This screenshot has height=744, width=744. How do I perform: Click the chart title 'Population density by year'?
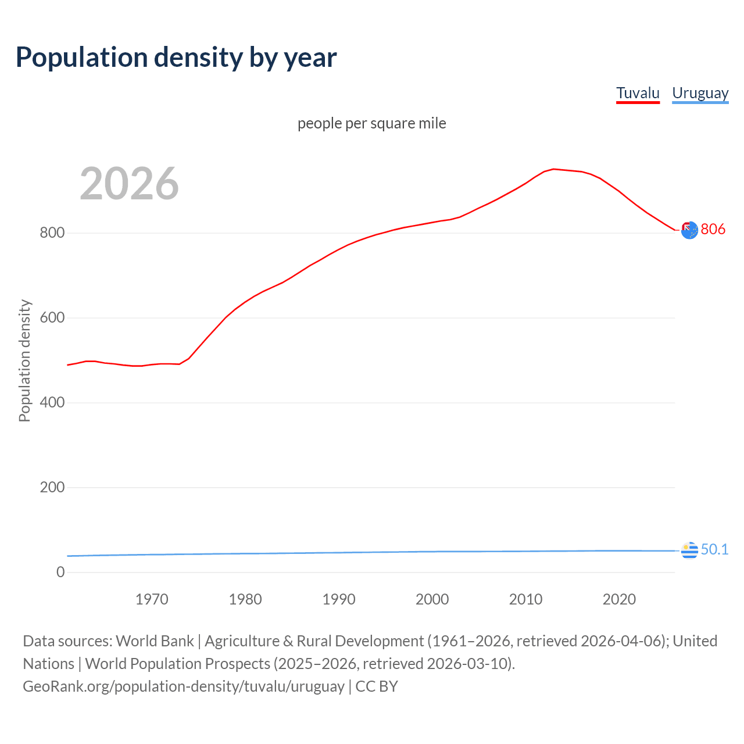pos(176,58)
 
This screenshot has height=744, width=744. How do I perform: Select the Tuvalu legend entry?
pos(638,93)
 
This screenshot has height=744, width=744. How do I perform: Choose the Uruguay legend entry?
pos(700,93)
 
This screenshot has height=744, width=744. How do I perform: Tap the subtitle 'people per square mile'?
pos(371,123)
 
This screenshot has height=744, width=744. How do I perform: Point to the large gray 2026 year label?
pos(129,184)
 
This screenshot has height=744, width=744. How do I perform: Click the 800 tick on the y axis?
pos(52,233)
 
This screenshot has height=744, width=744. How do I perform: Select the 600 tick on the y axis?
pos(52,318)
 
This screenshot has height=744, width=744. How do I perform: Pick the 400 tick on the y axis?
pos(52,403)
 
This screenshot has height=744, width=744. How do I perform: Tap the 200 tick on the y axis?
pos(52,488)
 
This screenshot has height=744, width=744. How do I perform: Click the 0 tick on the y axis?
pos(60,572)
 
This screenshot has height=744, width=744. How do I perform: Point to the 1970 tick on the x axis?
pos(152,599)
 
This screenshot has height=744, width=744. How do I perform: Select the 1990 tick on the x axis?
pos(339,599)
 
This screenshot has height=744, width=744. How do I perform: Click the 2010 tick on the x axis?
pos(525,599)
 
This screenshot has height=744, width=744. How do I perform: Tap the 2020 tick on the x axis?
pos(619,599)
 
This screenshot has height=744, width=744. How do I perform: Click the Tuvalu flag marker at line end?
pos(689,230)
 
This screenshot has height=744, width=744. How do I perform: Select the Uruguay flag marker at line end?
pos(689,550)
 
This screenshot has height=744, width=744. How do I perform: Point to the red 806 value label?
pos(713,229)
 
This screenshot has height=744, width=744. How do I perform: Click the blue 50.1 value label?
pos(714,549)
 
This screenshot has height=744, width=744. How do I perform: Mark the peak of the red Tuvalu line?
pos(553,169)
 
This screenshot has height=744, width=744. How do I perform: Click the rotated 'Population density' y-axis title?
pos(24,360)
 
